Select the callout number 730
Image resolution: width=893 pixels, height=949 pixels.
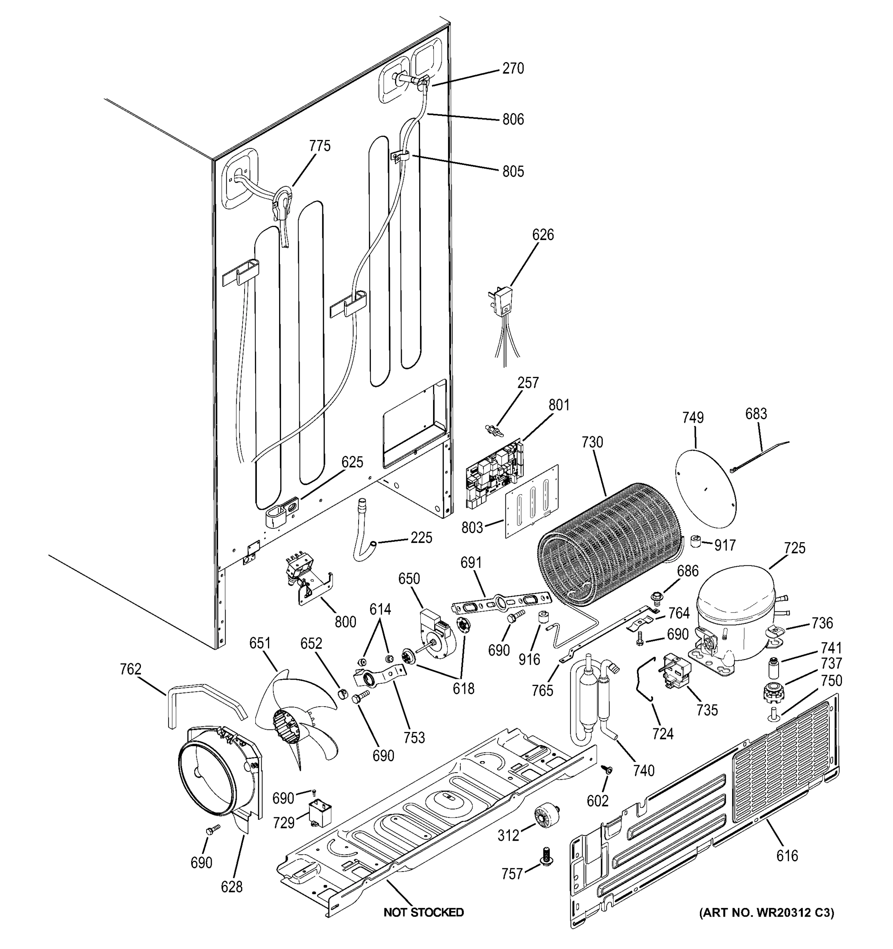(x=592, y=442)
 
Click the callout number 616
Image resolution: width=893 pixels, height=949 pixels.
(x=787, y=855)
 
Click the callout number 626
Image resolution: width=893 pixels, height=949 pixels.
(x=543, y=234)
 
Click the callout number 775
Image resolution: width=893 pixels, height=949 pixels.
(x=320, y=146)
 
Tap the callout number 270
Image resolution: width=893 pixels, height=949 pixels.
(x=513, y=69)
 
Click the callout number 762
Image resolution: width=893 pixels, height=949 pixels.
(x=131, y=669)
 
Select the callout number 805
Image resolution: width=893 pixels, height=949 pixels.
(x=513, y=171)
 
